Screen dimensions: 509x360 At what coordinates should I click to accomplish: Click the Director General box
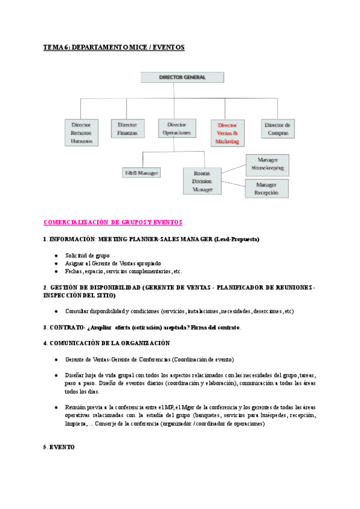point(173,77)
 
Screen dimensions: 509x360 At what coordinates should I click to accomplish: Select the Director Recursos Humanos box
point(82,133)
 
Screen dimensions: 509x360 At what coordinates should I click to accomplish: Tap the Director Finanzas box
point(127,128)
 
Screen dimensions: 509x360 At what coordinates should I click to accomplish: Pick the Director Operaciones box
point(175,128)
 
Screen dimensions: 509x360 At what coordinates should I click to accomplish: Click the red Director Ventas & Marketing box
point(227,133)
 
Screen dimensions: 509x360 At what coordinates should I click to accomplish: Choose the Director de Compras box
point(278,128)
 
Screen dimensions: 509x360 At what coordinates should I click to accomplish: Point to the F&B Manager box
point(141,173)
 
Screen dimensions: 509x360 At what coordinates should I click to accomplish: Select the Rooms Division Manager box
point(202,181)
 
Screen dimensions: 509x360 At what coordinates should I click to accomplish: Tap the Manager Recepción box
point(266,188)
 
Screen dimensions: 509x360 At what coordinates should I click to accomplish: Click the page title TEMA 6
point(113,47)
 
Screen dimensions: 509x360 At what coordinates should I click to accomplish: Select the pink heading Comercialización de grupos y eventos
point(113,222)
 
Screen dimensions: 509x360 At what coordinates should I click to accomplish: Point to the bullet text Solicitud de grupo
point(87,255)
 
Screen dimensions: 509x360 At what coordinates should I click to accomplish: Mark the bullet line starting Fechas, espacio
point(123,271)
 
